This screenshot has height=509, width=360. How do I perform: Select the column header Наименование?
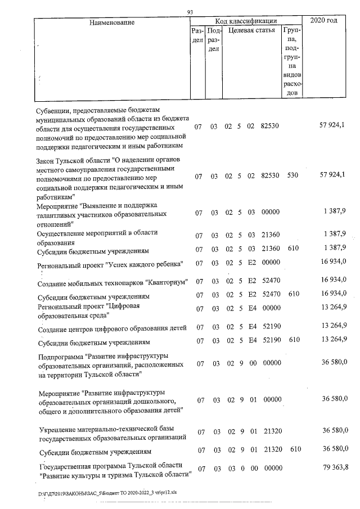[111, 22]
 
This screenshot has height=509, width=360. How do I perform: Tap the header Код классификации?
[251, 21]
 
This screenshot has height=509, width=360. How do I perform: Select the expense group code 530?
[292, 176]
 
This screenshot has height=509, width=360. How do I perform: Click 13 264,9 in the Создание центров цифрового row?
[334, 326]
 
